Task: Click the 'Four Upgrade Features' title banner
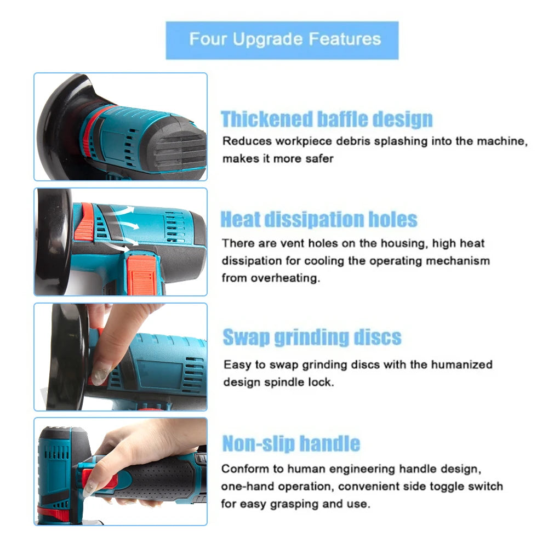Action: [x=282, y=40]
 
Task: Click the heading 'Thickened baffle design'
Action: [x=327, y=119]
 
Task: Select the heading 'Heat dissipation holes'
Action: [x=319, y=219]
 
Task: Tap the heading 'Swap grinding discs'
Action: [x=312, y=337]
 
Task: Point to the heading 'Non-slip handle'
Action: [x=291, y=443]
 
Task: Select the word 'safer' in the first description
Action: [x=319, y=158]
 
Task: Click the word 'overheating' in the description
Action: [x=285, y=278]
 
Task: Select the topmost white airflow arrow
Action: [x=127, y=210]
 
